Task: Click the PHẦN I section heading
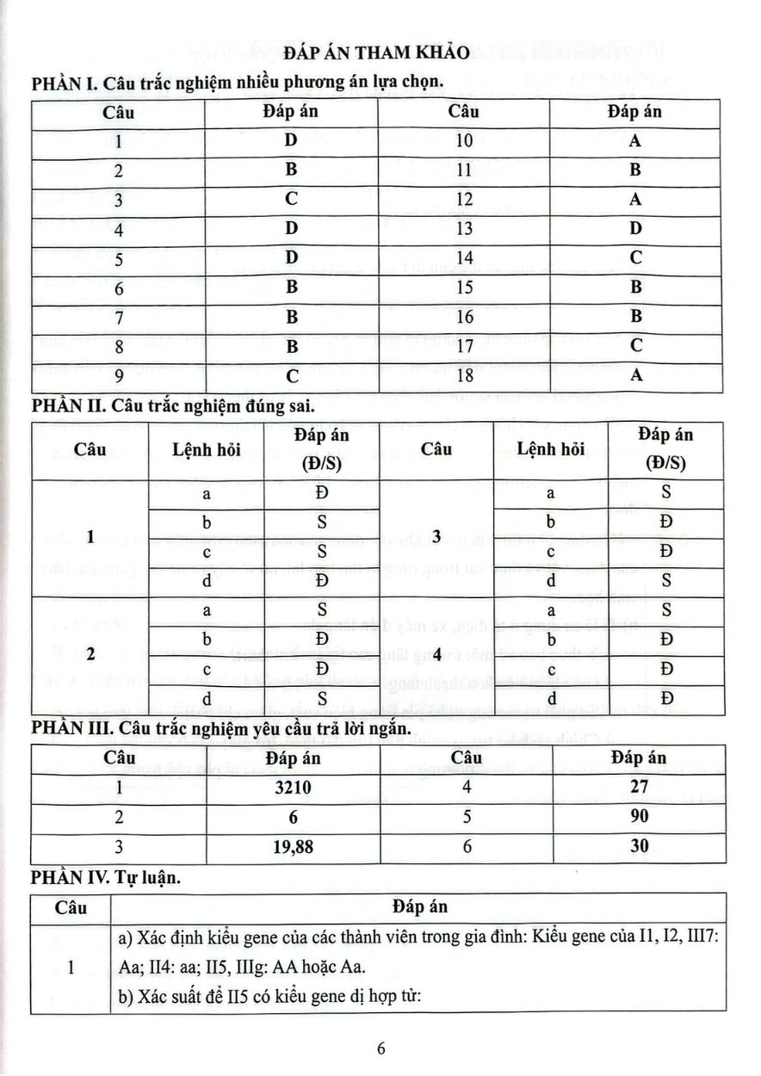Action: (238, 83)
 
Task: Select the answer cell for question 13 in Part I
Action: (635, 228)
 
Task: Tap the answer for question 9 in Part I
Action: (291, 375)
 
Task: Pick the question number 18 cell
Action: (464, 375)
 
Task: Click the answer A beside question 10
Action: (635, 141)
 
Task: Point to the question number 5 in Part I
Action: (119, 258)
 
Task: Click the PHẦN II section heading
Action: (170, 407)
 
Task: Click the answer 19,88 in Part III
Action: (293, 846)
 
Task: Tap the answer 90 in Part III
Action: (639, 816)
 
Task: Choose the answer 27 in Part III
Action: (639, 787)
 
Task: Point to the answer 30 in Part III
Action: (639, 846)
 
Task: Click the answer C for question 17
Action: (635, 346)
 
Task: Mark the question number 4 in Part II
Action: (436, 654)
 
